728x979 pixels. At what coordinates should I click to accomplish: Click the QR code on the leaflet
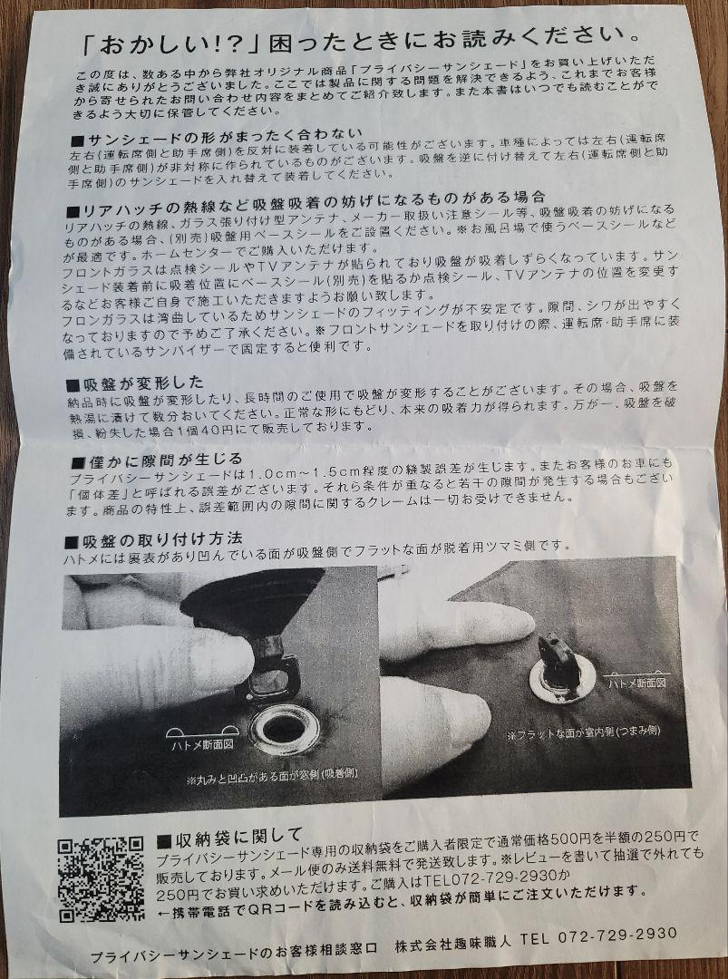[102, 879]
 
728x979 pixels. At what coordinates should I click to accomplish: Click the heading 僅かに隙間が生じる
[158, 461]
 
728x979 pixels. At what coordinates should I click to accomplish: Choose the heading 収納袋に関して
[229, 836]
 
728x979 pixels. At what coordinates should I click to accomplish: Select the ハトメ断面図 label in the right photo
[636, 683]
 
